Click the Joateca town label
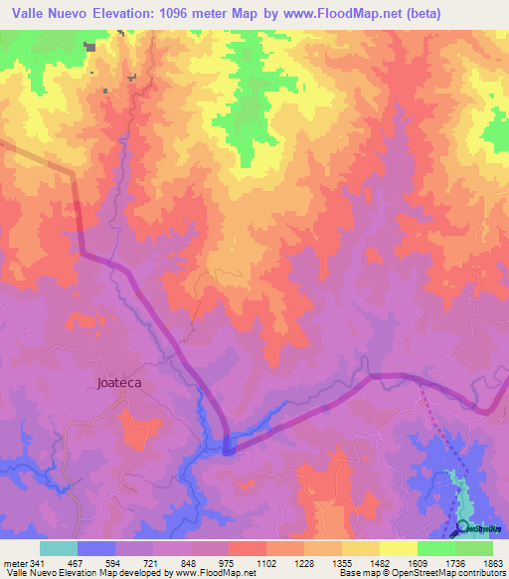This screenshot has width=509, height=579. pyautogui.click(x=120, y=381)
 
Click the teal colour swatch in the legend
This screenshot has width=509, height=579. pyautogui.click(x=59, y=548)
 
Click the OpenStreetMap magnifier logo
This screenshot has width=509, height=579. pyautogui.click(x=462, y=526)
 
